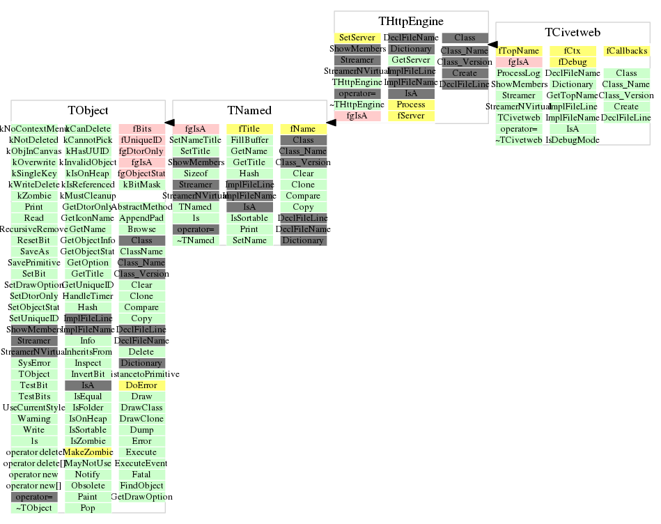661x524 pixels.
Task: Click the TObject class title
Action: point(88,111)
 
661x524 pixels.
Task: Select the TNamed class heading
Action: point(249,111)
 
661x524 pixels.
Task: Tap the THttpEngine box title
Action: point(411,22)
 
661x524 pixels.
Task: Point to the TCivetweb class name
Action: point(573,33)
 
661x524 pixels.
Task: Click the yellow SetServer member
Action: point(358,38)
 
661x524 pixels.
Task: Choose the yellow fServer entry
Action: point(411,116)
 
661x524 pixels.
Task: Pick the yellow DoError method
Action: point(141,385)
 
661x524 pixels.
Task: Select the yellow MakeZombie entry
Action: point(88,452)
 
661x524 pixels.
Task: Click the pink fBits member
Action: point(141,129)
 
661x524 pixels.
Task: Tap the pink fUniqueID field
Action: point(141,140)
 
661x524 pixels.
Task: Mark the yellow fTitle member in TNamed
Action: point(249,129)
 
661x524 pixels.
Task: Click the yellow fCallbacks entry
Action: point(626,51)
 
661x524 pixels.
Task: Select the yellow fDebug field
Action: point(573,62)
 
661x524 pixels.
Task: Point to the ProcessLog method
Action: point(519,73)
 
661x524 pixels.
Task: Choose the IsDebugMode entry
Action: point(573,140)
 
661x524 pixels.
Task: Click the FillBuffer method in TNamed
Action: point(249,140)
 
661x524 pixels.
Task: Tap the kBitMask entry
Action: point(141,185)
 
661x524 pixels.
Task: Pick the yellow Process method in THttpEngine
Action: point(411,105)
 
